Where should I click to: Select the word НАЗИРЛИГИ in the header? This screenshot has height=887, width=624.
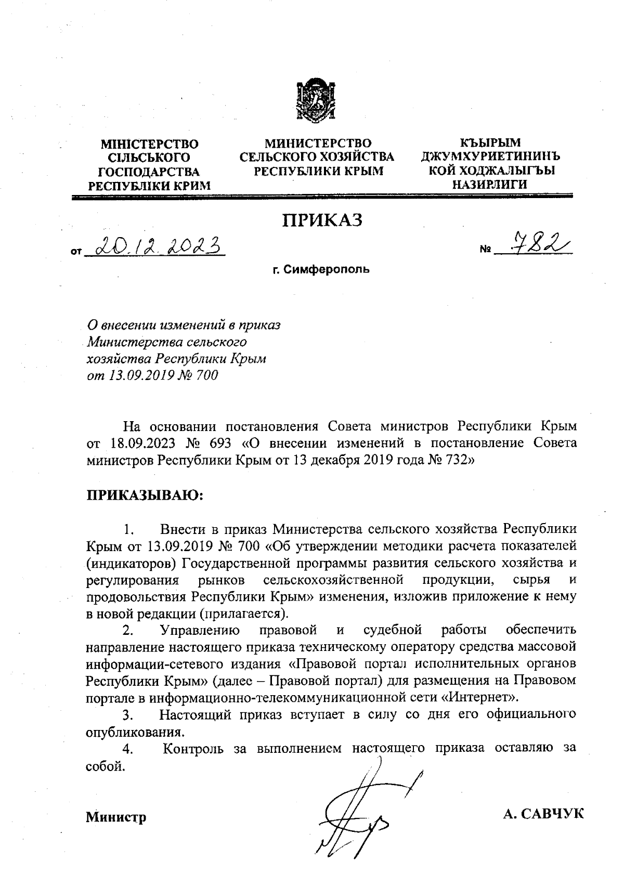click(489, 184)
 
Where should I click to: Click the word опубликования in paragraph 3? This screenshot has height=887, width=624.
click(135, 733)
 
